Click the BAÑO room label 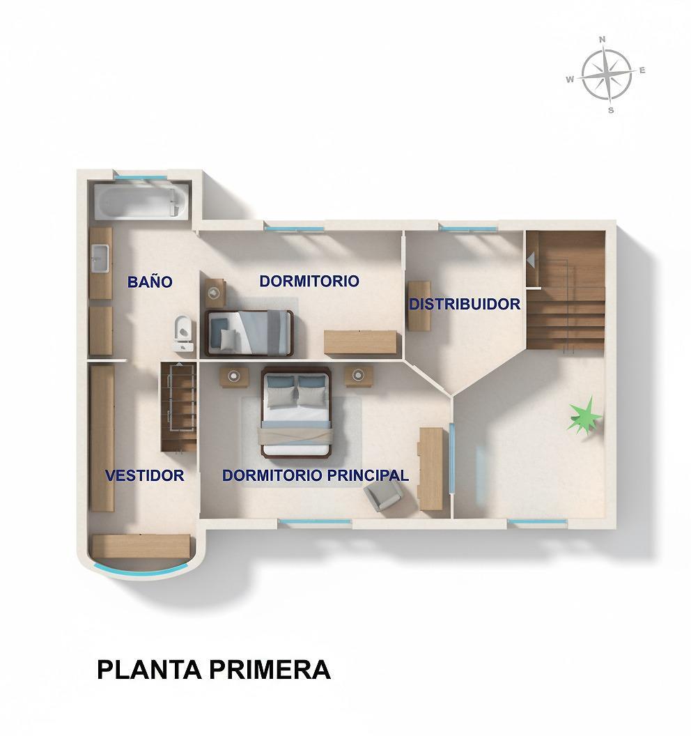pos(150,282)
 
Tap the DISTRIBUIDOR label pos(465,304)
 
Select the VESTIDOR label pos(144,475)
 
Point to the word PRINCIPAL pos(368,475)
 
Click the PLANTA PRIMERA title pos(214,670)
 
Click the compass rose pos(606,75)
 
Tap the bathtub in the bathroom pos(141,201)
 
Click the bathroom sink pos(100,258)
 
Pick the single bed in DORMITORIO pos(249,332)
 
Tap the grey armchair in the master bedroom pos(384,496)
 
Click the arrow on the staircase pos(531,259)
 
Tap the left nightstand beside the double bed pos(234,376)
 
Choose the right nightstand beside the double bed pos(359,376)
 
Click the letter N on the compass pos(603,40)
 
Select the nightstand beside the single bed pos(215,293)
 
